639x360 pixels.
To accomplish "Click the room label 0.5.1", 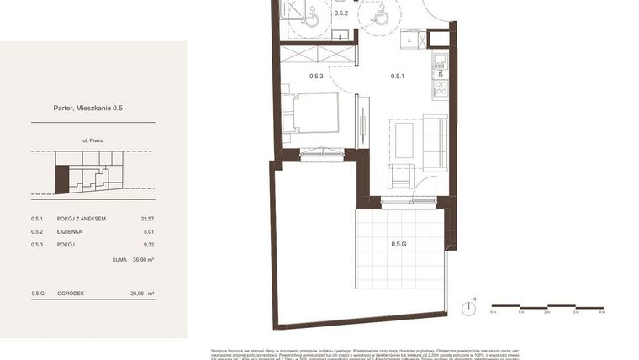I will tap(398, 77).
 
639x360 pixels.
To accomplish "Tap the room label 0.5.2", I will tap(341, 13).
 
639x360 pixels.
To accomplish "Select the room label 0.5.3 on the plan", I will tap(316, 77).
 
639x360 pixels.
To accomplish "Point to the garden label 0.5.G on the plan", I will tap(399, 245).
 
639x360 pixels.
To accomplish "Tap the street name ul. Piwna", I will tap(92, 141).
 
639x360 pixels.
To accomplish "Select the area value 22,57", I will tap(148, 219).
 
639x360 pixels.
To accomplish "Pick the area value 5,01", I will tap(150, 231).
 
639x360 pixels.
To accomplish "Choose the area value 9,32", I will tap(150, 245).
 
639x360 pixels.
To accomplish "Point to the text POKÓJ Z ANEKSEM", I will tap(82, 219).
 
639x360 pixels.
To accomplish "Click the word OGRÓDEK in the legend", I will tap(71, 294).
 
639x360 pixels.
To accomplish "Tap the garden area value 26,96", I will tap(139, 294).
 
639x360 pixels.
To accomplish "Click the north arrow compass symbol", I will tap(473, 309).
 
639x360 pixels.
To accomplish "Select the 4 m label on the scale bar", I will tap(602, 312).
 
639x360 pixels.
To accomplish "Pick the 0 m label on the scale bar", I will tap(494, 312).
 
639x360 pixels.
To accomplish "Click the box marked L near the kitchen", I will tap(410, 40).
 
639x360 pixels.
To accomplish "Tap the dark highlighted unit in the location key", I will tap(61, 178).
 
